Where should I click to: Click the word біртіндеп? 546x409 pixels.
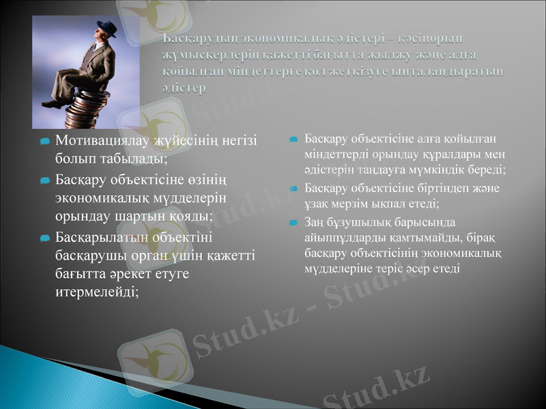coord(435,187)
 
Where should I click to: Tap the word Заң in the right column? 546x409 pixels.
coord(315,222)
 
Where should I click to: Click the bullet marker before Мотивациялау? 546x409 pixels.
coord(44,142)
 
